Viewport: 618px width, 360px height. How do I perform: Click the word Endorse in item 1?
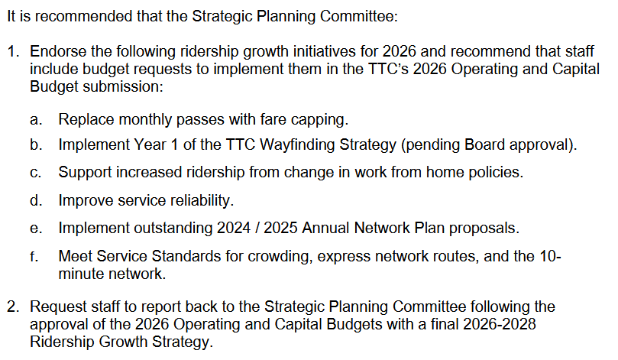[58, 51]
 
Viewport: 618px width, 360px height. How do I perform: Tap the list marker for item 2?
[13, 306]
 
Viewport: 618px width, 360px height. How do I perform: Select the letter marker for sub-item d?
[36, 200]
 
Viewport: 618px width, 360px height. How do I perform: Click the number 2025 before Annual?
[280, 228]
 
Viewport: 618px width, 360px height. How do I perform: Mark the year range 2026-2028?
[500, 324]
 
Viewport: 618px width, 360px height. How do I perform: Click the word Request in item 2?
[58, 306]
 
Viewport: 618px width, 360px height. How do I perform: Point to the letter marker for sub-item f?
[34, 256]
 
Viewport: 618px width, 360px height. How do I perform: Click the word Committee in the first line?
[359, 16]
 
